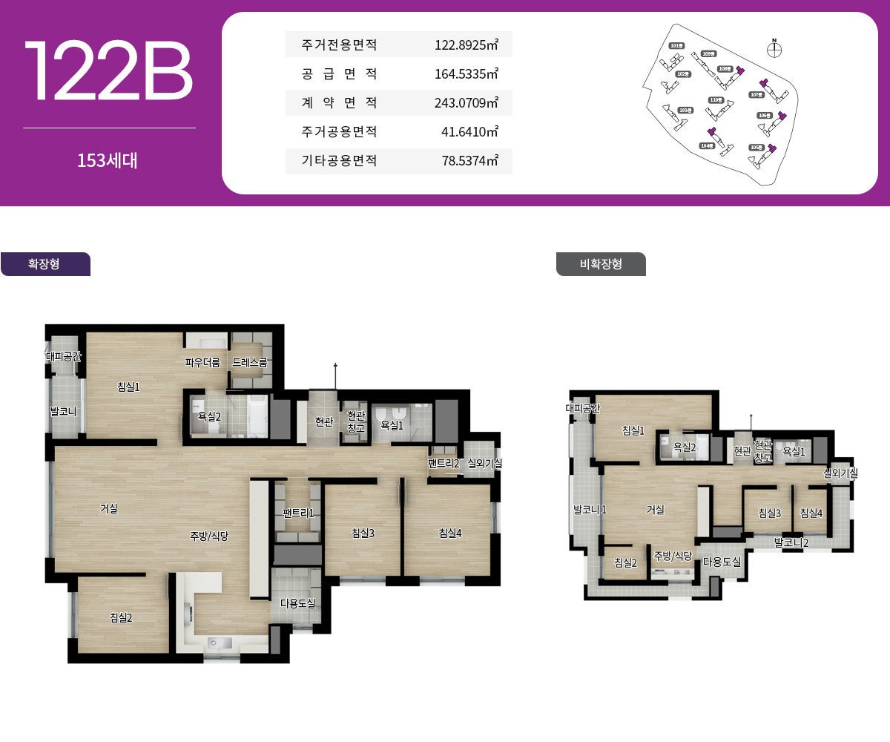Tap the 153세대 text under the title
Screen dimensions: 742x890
click(108, 160)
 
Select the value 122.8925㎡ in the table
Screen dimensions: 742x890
click(466, 45)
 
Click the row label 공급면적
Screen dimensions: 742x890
click(340, 74)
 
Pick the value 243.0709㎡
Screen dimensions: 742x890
click(466, 103)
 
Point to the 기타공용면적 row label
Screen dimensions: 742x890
click(340, 160)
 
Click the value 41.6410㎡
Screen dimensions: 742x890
click(469, 132)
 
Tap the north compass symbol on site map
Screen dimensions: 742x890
click(774, 49)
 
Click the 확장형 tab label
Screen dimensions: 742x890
click(44, 264)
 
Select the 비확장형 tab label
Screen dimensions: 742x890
click(601, 264)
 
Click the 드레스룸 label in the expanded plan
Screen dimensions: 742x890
click(250, 363)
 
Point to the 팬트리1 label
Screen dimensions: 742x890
click(299, 513)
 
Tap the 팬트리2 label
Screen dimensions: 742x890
click(444, 464)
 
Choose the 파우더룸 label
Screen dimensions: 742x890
click(202, 363)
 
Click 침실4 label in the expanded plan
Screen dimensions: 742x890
click(450, 533)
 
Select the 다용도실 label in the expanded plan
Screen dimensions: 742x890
click(297, 603)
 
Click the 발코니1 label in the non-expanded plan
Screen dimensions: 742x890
click(590, 510)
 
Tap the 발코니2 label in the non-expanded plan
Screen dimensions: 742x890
click(791, 542)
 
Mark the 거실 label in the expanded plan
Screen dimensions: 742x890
click(109, 509)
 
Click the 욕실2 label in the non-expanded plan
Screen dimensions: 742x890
click(684, 447)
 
